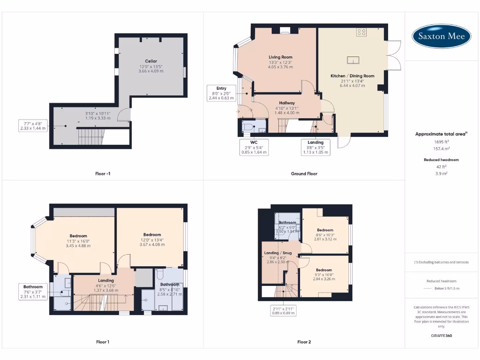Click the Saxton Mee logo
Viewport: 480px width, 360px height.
pyautogui.click(x=442, y=36)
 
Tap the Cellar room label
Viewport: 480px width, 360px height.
pyautogui.click(x=151, y=61)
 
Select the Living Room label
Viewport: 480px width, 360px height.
pyautogui.click(x=280, y=57)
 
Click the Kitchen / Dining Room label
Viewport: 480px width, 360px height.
pyautogui.click(x=352, y=76)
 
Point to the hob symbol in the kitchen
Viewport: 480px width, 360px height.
pyautogui.click(x=361, y=32)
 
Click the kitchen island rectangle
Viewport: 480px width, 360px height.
pyautogui.click(x=353, y=60)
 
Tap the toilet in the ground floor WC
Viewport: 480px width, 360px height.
pyautogui.click(x=248, y=127)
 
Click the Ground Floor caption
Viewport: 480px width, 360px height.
pyautogui.click(x=304, y=173)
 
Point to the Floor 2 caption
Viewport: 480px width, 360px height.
pyautogui.click(x=304, y=342)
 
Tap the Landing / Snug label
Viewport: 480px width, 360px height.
pyautogui.click(x=278, y=253)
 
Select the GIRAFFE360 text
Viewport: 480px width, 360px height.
pyautogui.click(x=441, y=336)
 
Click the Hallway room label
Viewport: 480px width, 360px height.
pyautogui.click(x=287, y=103)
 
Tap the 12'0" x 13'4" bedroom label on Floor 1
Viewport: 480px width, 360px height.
pyautogui.click(x=152, y=235)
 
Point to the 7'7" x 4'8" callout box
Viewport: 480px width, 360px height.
pyautogui.click(x=33, y=125)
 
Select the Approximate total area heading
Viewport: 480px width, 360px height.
pyautogui.click(x=441, y=134)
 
